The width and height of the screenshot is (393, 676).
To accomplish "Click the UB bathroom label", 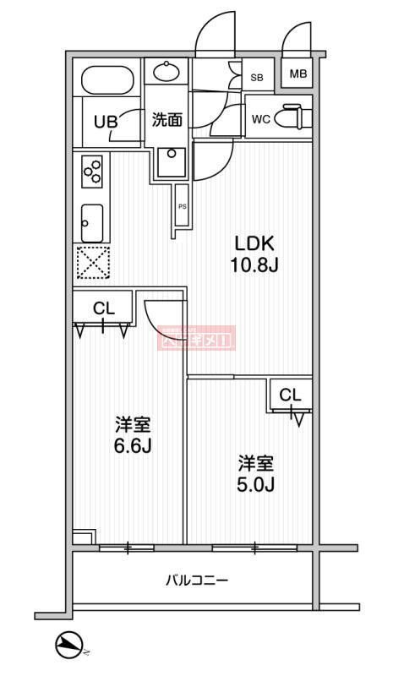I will coord(105,121).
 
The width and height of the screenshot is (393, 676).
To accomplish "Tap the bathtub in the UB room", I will coord(106,80).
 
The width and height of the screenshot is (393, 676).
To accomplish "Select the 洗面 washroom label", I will coord(166,120).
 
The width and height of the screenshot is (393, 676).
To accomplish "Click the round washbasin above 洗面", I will coord(167,72).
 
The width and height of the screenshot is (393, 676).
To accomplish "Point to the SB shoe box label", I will coord(257,78).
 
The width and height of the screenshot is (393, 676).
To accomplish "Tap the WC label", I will coord(260,119).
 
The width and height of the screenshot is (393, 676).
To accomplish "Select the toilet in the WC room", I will coord(294,116).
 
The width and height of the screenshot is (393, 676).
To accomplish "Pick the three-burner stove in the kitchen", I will coord(92,172).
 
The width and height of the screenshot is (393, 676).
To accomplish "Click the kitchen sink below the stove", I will coord(91,222).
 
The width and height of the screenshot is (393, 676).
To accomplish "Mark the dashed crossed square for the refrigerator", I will coord(92,262).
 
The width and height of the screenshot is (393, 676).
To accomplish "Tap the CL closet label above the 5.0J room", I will coord(290,395).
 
